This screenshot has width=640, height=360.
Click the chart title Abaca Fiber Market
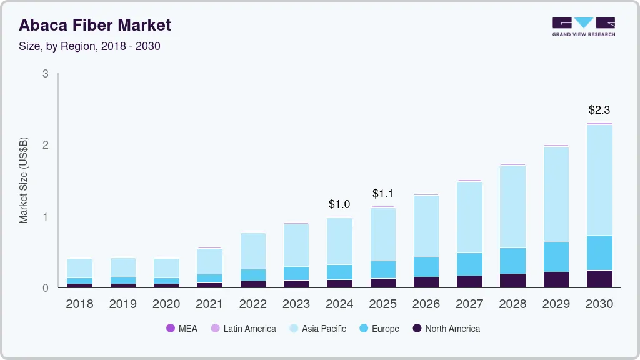point(95,25)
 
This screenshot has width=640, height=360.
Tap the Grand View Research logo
point(583,27)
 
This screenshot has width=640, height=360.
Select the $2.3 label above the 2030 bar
point(599,110)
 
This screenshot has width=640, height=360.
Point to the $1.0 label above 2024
point(339,204)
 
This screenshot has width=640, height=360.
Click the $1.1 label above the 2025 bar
point(382,194)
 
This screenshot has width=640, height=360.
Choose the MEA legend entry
point(182,328)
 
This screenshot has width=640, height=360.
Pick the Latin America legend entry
point(243,328)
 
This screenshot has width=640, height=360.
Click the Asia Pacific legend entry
point(317,328)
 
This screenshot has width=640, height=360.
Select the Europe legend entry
point(379,328)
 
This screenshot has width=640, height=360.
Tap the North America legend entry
point(446,328)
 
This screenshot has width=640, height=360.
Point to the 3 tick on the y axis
point(46,74)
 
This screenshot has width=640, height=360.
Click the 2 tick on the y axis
point(46,145)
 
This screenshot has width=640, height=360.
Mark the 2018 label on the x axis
point(79,304)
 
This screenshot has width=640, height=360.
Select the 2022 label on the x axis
point(252,304)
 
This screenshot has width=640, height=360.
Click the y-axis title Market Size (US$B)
point(24,181)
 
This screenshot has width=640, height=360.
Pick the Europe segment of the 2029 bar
point(556,257)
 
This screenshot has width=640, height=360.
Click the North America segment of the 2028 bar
point(512,281)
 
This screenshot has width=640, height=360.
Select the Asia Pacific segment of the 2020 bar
point(166,268)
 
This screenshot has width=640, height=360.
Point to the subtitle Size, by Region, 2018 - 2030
point(89,46)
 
